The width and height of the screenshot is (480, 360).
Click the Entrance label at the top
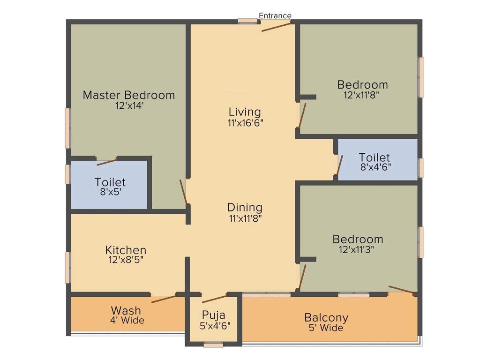pyautogui.click(x=275, y=15)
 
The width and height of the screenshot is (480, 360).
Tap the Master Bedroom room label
pyautogui.click(x=128, y=95)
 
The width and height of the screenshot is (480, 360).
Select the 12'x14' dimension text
pyautogui.click(x=129, y=106)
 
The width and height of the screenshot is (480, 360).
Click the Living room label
pyautogui.click(x=245, y=112)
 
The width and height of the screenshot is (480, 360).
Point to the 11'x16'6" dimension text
pyautogui.click(x=245, y=123)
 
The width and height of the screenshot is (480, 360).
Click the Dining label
pyautogui.click(x=245, y=207)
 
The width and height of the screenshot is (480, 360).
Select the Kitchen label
pyautogui.click(x=126, y=250)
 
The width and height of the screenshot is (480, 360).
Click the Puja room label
pyautogui.click(x=214, y=315)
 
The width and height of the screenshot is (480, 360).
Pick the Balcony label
pyautogui.click(x=326, y=317)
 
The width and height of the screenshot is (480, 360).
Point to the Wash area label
pyautogui.click(x=126, y=310)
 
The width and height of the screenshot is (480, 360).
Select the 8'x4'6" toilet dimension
pyautogui.click(x=375, y=166)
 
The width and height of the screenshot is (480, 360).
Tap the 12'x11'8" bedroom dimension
pyautogui.click(x=361, y=94)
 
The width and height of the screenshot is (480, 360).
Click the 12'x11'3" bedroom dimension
pyautogui.click(x=356, y=249)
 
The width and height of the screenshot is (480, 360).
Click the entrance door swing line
pyautogui.click(x=277, y=26)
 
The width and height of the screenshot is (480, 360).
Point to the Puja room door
pyautogui.click(x=214, y=299)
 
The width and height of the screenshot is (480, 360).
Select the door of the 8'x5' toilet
pyautogui.click(x=106, y=162)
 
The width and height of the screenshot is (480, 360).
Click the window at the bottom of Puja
pyautogui.click(x=213, y=345)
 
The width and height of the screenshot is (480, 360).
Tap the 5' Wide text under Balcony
pyautogui.click(x=326, y=328)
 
